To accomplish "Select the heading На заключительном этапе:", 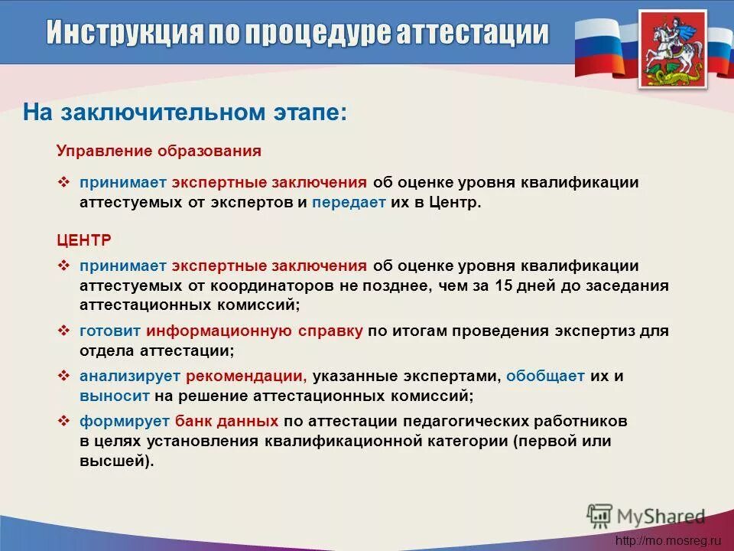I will tap(185, 112).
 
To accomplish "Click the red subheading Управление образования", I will tap(159, 152).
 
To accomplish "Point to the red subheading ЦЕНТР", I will tap(84, 240).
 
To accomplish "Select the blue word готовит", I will tap(110, 331).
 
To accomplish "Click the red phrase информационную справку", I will tap(255, 331).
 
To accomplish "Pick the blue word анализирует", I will tap(128, 377).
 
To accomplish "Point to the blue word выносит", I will tap(114, 396).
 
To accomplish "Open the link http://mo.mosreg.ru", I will tap(668, 540).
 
